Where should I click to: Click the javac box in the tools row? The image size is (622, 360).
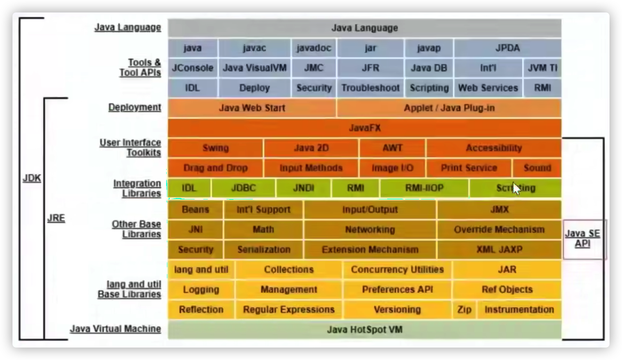tap(254, 48)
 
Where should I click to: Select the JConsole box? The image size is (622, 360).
tap(193, 68)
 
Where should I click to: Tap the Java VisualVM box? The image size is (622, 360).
tap(255, 68)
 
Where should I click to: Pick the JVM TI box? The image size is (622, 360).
tap(542, 68)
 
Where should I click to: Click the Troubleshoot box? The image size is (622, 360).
tap(370, 88)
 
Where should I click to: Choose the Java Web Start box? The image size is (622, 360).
tap(252, 108)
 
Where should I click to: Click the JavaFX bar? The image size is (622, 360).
tap(364, 128)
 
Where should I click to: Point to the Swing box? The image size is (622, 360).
tap(215, 148)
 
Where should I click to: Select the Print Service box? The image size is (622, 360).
tap(469, 168)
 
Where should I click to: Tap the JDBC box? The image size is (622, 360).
tap(243, 188)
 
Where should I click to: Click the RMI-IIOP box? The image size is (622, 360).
tap(424, 188)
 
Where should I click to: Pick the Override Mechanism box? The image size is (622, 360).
tap(499, 229)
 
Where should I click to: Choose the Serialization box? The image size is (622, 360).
tap(264, 250)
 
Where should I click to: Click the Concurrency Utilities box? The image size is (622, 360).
tap(397, 270)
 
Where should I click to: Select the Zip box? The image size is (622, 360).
tap(464, 309)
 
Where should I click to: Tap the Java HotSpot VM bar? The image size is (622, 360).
tap(364, 330)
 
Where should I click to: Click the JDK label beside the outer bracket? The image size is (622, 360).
tap(32, 178)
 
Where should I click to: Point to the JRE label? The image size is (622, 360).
tap(56, 218)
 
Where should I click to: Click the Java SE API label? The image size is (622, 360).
tap(583, 238)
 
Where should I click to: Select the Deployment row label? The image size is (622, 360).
tap(135, 107)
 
